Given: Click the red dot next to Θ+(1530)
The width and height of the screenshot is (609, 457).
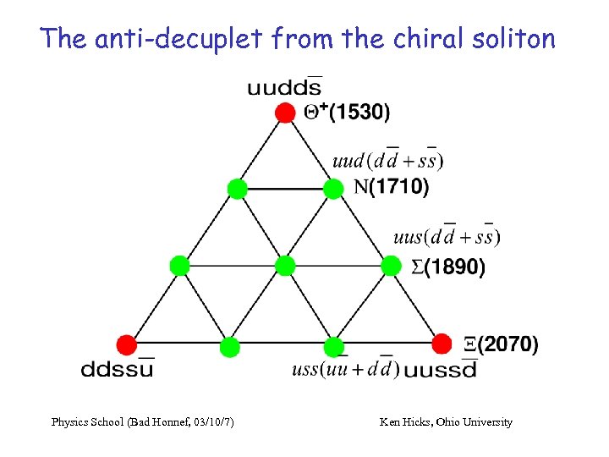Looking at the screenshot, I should [x=286, y=112].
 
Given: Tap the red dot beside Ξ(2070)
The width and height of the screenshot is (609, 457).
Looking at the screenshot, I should [x=442, y=344].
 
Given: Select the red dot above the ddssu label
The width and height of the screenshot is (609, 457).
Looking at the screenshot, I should [x=126, y=344].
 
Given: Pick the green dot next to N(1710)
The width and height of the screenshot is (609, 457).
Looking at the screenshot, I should [x=334, y=188].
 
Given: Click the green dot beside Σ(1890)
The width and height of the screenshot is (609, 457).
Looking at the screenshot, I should [x=391, y=266].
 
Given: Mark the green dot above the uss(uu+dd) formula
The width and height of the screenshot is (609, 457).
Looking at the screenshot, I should [x=334, y=345].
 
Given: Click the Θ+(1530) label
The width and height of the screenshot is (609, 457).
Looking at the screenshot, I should [x=347, y=111].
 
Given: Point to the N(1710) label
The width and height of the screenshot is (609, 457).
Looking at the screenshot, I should [x=392, y=187].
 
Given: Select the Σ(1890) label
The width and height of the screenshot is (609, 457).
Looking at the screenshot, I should [x=447, y=267].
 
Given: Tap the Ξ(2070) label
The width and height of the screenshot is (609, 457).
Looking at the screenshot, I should [x=501, y=344].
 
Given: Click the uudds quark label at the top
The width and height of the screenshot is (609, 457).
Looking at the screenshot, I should [x=284, y=86].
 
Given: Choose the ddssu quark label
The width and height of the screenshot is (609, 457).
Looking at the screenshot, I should [x=118, y=368].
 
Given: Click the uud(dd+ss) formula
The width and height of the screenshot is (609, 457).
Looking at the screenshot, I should [x=387, y=159].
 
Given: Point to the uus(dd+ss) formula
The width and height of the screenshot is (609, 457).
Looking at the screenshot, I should [x=447, y=236].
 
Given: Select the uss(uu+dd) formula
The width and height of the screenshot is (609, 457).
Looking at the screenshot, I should [x=344, y=369].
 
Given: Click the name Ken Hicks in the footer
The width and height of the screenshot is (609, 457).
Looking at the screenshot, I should [x=404, y=421].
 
